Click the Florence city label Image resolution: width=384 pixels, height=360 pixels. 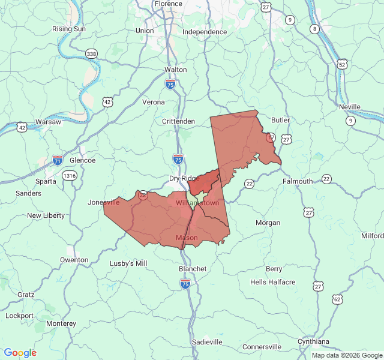(168, 4)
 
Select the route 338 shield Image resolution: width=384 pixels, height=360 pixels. (91, 54)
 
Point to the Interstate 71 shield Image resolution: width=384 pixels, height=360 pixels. (58, 160)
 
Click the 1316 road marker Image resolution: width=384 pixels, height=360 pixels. (70, 175)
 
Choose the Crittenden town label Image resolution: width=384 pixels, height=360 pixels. (178, 121)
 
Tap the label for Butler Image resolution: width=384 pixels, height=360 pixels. (280, 120)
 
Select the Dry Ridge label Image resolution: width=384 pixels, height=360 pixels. (184, 178)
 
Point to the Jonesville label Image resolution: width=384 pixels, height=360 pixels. (104, 202)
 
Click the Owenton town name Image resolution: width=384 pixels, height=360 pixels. (74, 260)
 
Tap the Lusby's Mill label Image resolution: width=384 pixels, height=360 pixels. (128, 263)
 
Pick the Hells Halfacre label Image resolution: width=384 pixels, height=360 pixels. (272, 282)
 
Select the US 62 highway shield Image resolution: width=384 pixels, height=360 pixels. (337, 299)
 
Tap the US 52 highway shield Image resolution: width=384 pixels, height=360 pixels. (342, 64)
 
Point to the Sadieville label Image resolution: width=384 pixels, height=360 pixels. (208, 341)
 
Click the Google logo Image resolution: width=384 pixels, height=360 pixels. (20, 353)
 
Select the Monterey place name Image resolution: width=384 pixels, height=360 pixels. (61, 323)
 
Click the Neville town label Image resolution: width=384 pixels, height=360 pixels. (349, 107)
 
